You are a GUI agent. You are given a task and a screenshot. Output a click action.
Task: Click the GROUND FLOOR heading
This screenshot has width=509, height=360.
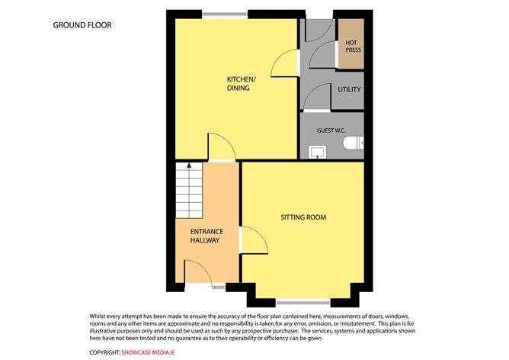pyautogui.click(x=82, y=25)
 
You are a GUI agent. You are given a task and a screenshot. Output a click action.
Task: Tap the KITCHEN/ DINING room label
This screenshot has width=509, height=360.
pyautogui.click(x=238, y=84)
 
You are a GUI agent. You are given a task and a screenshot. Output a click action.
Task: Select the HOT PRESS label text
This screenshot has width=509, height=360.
pyautogui.click(x=351, y=47)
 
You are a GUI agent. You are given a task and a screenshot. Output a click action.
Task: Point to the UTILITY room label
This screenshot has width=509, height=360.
pyautogui.click(x=349, y=90)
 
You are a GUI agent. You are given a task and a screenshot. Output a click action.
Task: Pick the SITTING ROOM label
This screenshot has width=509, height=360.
pyautogui.click(x=303, y=217)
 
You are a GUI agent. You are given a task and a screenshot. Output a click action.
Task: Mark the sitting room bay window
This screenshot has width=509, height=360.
pyautogui.click(x=303, y=301)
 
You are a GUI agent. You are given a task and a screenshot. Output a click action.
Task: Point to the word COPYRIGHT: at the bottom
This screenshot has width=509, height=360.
pyautogui.click(x=104, y=352)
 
